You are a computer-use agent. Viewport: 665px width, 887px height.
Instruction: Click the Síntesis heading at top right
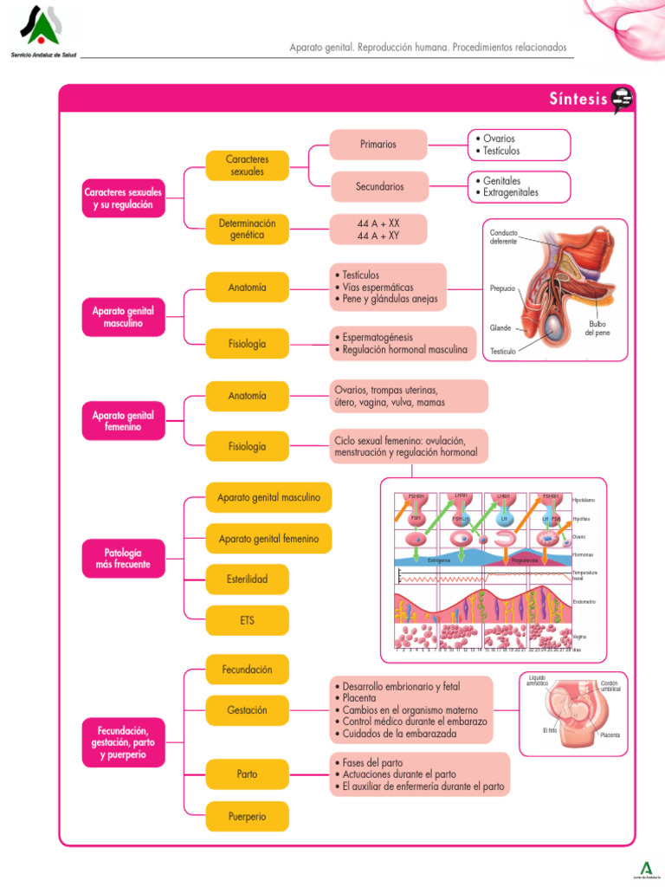578,99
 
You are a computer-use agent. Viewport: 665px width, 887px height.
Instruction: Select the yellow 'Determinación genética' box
247,229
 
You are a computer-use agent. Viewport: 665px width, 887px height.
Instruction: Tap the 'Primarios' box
378,144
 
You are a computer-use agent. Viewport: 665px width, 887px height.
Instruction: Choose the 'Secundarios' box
378,186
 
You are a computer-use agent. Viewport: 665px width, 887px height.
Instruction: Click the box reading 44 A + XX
378,223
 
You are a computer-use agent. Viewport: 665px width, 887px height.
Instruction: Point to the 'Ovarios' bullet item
499,139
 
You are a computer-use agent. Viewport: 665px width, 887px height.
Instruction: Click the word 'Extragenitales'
510,192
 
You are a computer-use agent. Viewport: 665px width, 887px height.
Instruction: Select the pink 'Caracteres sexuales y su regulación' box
123,198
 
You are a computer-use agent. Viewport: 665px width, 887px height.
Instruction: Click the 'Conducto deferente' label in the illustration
504,236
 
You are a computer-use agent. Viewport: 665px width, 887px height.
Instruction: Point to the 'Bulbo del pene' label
597,328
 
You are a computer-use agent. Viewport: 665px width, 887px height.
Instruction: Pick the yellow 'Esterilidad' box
247,579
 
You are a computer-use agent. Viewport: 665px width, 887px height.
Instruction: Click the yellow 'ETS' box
247,620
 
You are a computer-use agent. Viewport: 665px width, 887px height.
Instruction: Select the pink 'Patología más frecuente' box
123,558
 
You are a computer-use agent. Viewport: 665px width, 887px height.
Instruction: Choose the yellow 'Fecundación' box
247,670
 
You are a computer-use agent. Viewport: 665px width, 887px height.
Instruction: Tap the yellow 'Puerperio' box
247,816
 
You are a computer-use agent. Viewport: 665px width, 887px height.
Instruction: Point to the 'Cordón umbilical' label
610,685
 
